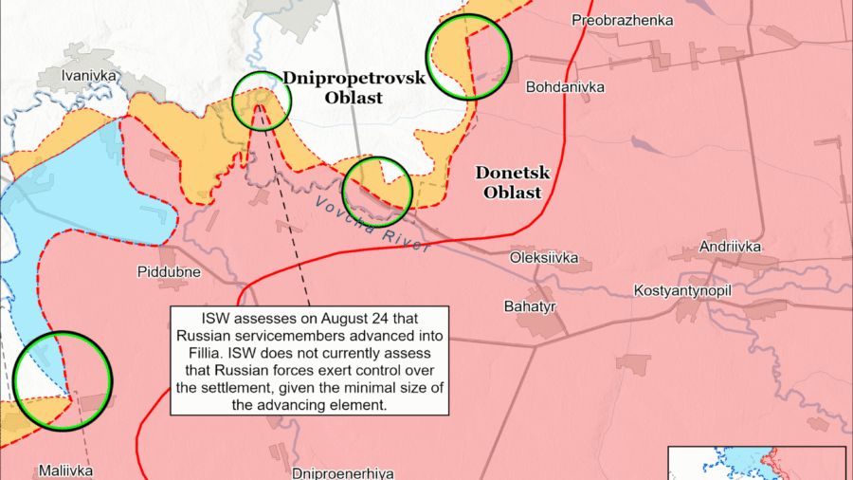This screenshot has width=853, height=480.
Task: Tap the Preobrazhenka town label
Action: point(623,20)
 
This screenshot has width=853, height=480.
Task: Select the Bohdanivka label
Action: point(565,87)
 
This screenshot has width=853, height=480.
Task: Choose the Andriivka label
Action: point(731,248)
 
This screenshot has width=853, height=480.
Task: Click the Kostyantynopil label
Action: point(681,289)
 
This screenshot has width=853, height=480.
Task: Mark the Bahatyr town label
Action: point(529,306)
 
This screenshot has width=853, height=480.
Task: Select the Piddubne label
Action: point(169,272)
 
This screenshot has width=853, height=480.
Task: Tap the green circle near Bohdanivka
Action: point(469,57)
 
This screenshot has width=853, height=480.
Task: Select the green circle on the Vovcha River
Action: point(377,192)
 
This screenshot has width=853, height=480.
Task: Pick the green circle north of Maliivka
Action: point(64,379)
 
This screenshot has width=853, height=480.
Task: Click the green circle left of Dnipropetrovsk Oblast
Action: point(261,101)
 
